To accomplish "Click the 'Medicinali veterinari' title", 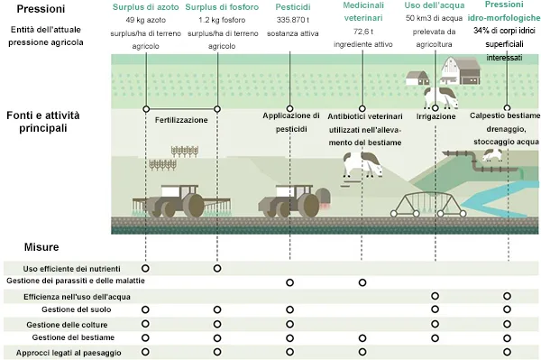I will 362,11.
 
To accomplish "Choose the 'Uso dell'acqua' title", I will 435,6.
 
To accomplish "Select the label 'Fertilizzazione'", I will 181,120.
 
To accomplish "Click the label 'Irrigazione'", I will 436,116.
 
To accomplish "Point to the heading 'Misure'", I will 41,246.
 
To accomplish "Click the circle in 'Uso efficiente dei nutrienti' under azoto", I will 145,269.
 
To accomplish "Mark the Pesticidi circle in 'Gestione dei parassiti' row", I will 290,282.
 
